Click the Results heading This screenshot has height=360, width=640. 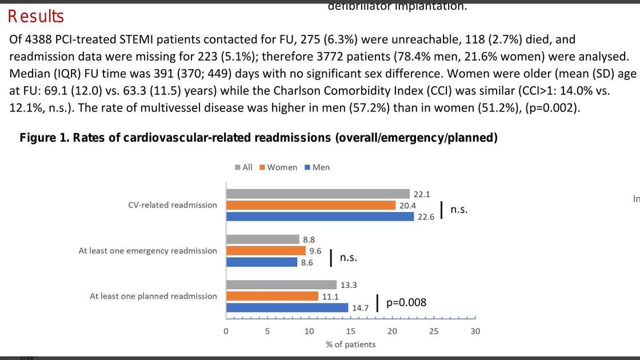click(x=36, y=17)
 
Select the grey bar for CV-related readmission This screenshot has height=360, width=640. click(x=318, y=194)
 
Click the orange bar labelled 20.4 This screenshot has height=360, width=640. click(x=311, y=205)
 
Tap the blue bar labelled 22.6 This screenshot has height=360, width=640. click(x=320, y=216)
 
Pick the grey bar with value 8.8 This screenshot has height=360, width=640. click(x=263, y=239)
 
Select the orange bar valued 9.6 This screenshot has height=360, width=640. click(x=266, y=250)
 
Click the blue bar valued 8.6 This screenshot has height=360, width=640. click(x=262, y=262)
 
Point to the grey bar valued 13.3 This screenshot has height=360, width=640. click(x=281, y=285)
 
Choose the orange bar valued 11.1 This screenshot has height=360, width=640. click(x=272, y=296)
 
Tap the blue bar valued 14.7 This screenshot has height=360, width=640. click(x=287, y=307)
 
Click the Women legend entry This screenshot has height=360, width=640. click(x=278, y=167)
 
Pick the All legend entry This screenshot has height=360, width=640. click(x=243, y=167)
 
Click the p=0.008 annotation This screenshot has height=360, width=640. click(x=406, y=303)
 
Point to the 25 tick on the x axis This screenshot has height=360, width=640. click(x=434, y=331)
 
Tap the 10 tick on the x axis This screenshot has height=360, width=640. click(x=309, y=331)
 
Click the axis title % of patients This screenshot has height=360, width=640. click(x=351, y=344)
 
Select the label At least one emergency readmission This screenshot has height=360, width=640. click(x=147, y=251)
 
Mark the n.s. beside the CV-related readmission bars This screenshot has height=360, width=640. click(x=459, y=210)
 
